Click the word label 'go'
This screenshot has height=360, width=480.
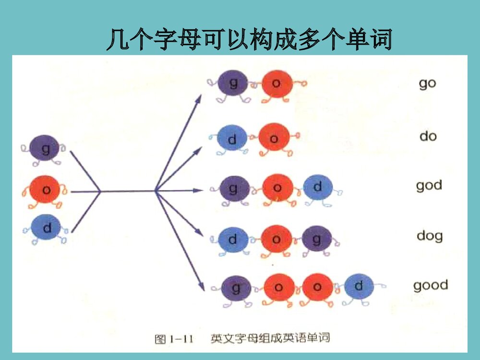pos(427,84)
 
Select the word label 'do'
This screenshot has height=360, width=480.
pos(428,136)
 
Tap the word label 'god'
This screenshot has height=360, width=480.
pos(429,185)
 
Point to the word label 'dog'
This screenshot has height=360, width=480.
pos(429,236)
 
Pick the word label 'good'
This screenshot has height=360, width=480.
pos(431,285)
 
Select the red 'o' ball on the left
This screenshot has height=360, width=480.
pos(46,190)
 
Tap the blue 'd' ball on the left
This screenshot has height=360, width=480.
pos(47,227)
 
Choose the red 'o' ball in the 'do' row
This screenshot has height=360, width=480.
pos(274,138)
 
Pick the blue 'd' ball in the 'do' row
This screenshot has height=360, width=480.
pos(232,139)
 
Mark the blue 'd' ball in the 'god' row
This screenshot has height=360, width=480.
pos(317,187)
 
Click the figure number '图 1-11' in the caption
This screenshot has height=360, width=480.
pos(173,339)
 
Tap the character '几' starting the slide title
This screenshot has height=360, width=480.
pos(116,40)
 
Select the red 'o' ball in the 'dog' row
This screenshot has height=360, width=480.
pos(276,238)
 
